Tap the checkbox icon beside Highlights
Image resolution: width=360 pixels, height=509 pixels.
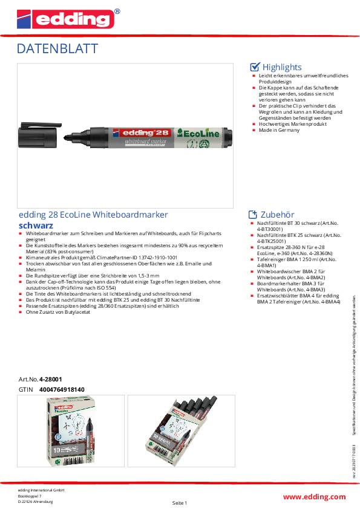click(x=255, y=67)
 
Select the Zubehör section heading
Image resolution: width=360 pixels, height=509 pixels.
click(x=277, y=215)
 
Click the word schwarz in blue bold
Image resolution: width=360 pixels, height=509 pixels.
click(x=36, y=225)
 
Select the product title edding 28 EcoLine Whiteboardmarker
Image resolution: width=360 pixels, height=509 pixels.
click(x=93, y=215)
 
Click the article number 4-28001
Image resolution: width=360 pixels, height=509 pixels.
click(x=51, y=379)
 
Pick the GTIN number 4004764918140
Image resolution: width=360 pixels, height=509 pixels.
click(x=62, y=389)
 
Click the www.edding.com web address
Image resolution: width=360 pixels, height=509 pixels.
click(x=315, y=496)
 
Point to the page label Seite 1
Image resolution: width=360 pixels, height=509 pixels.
click(x=180, y=503)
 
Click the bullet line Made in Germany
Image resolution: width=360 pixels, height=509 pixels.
click(x=275, y=129)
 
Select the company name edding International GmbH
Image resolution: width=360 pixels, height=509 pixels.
click(x=41, y=490)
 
